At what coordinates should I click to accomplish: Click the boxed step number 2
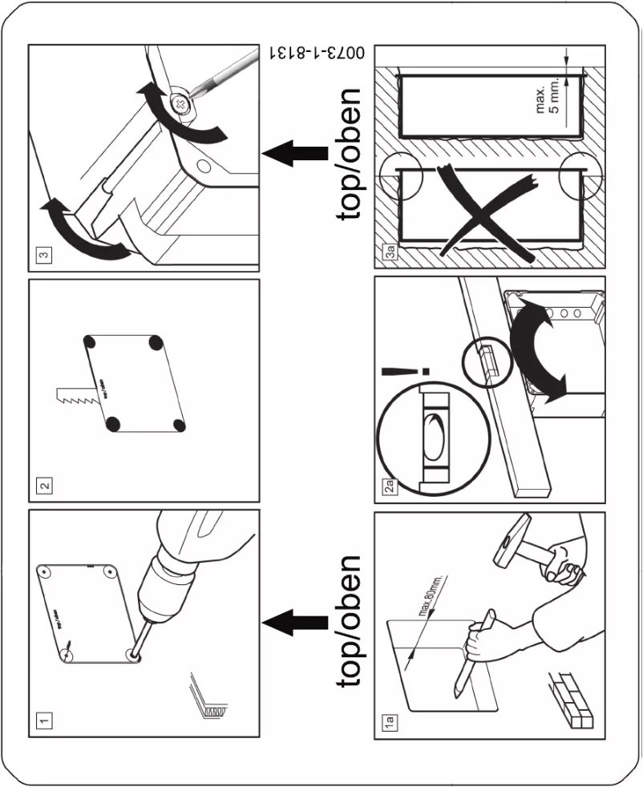click(x=46, y=484)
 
